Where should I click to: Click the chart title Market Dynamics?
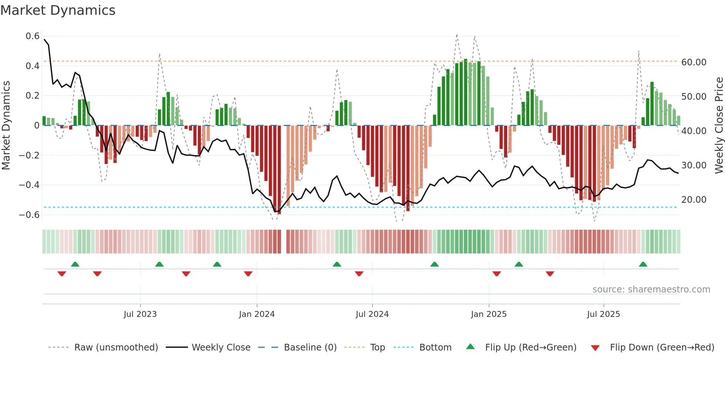tap(58, 10)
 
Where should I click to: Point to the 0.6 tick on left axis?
tap(33, 36)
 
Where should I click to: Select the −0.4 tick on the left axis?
tap(29, 185)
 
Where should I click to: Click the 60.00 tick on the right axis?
tap(694, 62)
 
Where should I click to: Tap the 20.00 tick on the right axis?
tap(694, 200)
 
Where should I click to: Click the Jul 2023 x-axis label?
tap(140, 314)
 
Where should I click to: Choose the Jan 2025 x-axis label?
tap(489, 314)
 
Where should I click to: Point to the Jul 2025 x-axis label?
tap(603, 314)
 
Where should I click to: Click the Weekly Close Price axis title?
tap(719, 125)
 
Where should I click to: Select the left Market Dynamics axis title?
tap(6, 125)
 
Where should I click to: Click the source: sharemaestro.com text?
tap(651, 290)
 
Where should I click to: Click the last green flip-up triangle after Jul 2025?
tap(643, 264)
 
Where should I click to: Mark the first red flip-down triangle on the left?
tap(62, 274)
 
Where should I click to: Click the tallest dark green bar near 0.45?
tap(466, 92)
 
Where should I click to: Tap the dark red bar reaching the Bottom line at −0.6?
tap(279, 170)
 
